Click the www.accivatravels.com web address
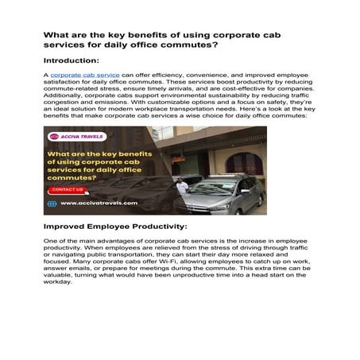[x=98, y=203]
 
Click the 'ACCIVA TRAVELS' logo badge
[x=77, y=137]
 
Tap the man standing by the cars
[x=182, y=189]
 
